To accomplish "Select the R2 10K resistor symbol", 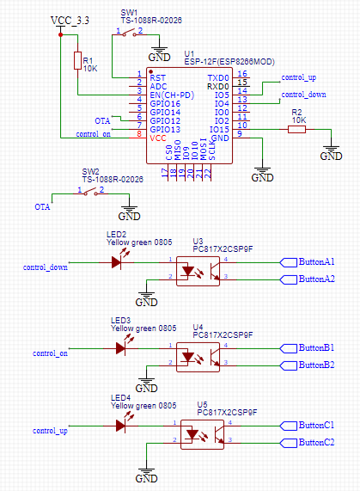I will (x=297, y=129).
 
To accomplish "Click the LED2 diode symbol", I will (x=117, y=261).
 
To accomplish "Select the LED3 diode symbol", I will (x=121, y=347).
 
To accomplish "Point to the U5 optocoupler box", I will (x=202, y=433).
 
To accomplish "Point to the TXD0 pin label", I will (x=218, y=77).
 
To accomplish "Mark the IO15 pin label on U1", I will (x=219, y=129).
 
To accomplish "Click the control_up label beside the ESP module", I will (x=299, y=78).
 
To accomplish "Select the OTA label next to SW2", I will (x=42, y=207).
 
